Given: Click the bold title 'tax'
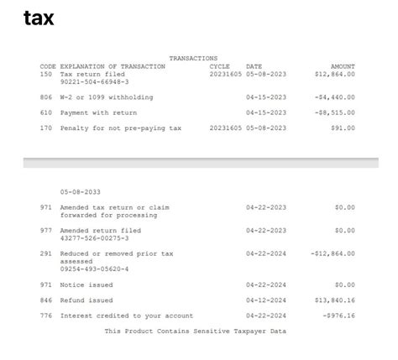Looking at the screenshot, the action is point(39,18).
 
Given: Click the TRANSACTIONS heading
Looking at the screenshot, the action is point(193,58).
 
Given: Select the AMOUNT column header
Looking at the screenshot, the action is point(343,66).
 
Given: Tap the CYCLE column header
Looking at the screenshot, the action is point(219,66).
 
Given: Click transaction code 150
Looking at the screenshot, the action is point(46,74).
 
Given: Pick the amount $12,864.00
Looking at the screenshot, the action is point(334,74).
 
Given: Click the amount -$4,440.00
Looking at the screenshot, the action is point(334,97).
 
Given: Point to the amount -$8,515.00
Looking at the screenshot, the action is point(334,112).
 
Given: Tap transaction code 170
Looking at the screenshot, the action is point(46,128).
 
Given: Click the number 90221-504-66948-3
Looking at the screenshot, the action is point(95,82).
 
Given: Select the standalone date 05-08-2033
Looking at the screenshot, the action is point(81,191).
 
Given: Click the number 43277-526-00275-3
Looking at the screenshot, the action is point(95,238).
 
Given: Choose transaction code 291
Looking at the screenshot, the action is point(46,253).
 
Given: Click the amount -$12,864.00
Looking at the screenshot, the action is point(333,253).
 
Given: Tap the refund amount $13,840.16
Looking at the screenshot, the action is point(334,300).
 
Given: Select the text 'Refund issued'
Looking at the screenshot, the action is point(86,300).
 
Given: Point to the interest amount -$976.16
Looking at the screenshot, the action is point(338,316).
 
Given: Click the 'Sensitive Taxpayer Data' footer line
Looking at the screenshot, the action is point(196,331).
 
